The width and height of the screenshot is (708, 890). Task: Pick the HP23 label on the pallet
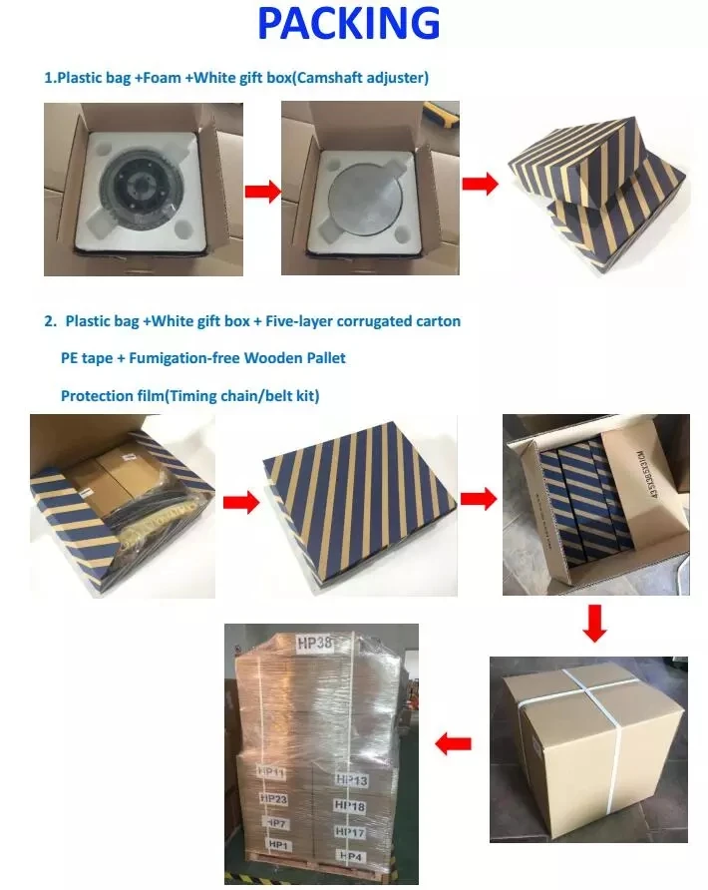coord(273,798)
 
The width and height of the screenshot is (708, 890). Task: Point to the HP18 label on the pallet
coord(350,805)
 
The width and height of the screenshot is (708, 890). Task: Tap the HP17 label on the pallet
coord(350,830)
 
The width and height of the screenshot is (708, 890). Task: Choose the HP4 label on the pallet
coord(350,855)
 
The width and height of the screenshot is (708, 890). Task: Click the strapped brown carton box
coord(587,748)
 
